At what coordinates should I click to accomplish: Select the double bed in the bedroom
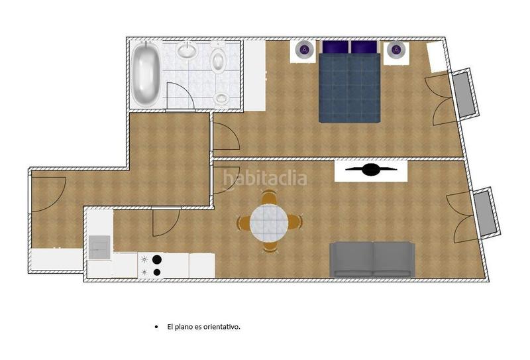[x=349, y=83]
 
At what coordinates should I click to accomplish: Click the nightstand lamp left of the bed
[x=304, y=49]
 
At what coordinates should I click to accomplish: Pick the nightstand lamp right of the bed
[x=396, y=49]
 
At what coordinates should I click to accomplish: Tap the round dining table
[x=270, y=222]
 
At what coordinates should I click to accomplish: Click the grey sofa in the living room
[x=372, y=259]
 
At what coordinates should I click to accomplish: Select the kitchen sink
[x=100, y=247]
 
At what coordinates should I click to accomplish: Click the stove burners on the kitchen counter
[x=157, y=265]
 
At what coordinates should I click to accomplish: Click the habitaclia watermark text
[x=265, y=178]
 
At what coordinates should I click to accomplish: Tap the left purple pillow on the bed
[x=335, y=48]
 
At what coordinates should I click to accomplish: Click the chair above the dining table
[x=269, y=198]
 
